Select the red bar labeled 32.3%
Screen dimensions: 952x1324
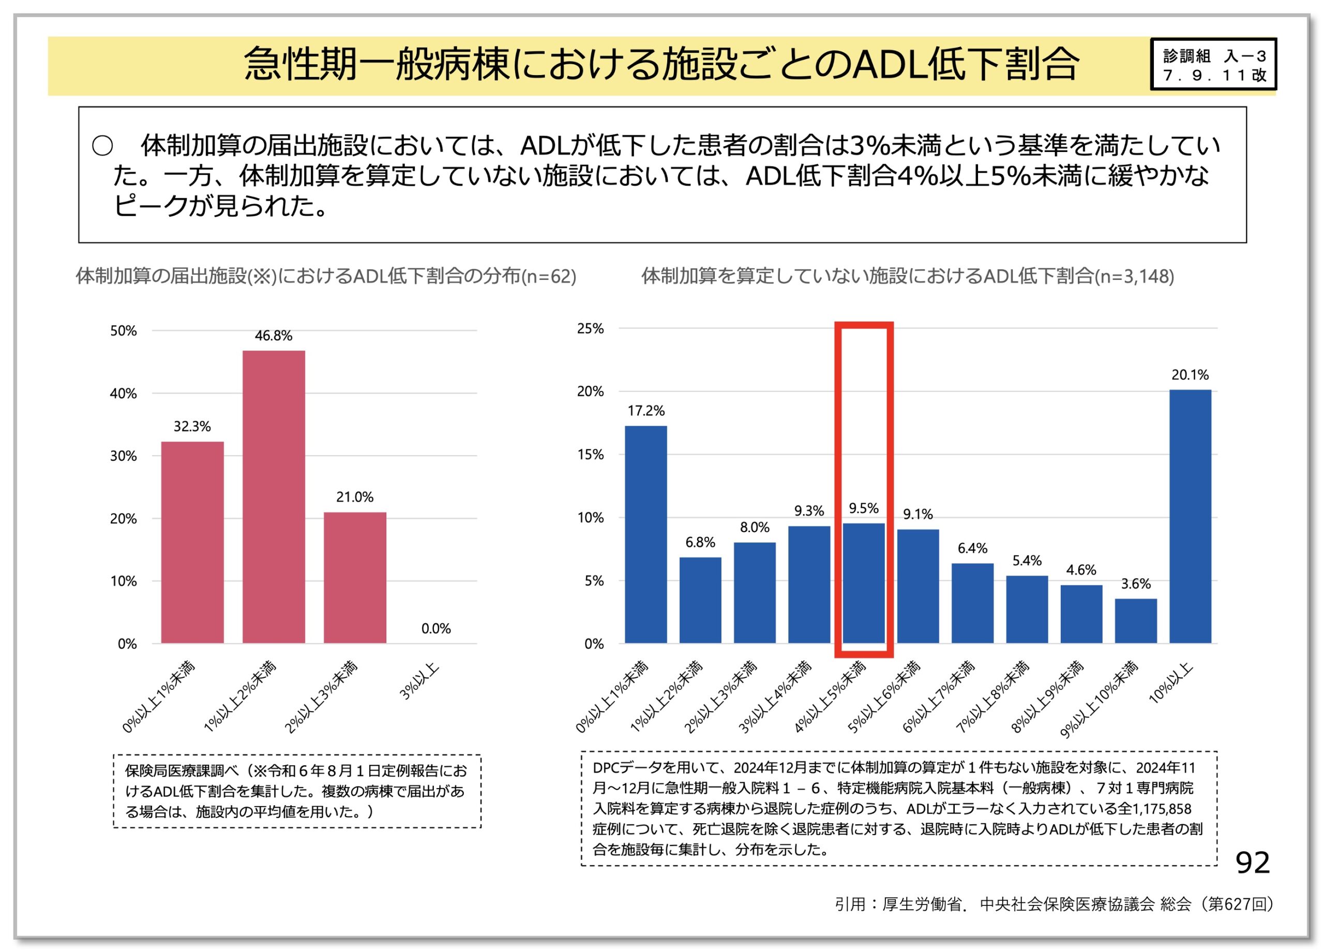(x=192, y=542)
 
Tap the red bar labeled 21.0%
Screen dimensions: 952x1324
(x=355, y=578)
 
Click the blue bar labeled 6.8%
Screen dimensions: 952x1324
(x=700, y=600)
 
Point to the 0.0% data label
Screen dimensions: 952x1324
(x=435, y=629)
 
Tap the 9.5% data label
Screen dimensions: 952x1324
(x=863, y=508)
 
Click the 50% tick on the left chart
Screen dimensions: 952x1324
(x=123, y=331)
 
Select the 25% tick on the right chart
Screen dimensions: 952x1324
(x=590, y=328)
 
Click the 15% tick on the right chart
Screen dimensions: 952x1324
(x=590, y=455)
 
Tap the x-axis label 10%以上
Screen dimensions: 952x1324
(x=1171, y=684)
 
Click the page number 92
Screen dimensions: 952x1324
(x=1253, y=862)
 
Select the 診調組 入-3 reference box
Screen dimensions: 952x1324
(x=1214, y=65)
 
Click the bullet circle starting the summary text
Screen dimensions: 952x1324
(x=102, y=146)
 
